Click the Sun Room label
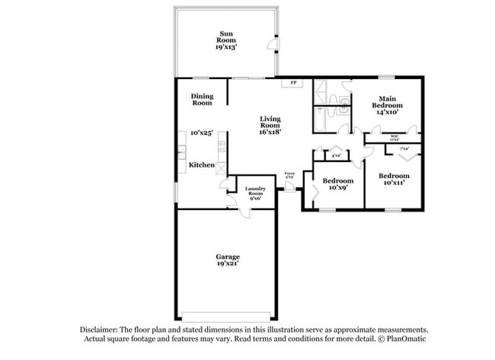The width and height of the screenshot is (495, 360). point(226,40)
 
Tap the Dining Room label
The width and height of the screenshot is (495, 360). point(202,99)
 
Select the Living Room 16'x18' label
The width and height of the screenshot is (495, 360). point(270,125)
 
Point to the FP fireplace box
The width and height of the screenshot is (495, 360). point(292,82)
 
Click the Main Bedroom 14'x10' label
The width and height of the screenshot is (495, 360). point(388,105)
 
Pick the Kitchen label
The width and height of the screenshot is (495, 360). point(201,165)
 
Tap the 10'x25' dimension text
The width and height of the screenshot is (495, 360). point(201,132)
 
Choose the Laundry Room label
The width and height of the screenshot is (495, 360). point(254,193)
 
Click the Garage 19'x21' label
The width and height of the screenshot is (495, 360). point(227,261)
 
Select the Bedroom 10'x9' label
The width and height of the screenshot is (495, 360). point(335,185)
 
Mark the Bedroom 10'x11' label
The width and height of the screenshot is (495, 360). point(394,180)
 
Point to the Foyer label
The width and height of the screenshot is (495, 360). point(289,175)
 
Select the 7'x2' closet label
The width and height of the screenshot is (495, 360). point(404,149)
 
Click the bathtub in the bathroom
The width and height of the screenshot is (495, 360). point(321,94)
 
